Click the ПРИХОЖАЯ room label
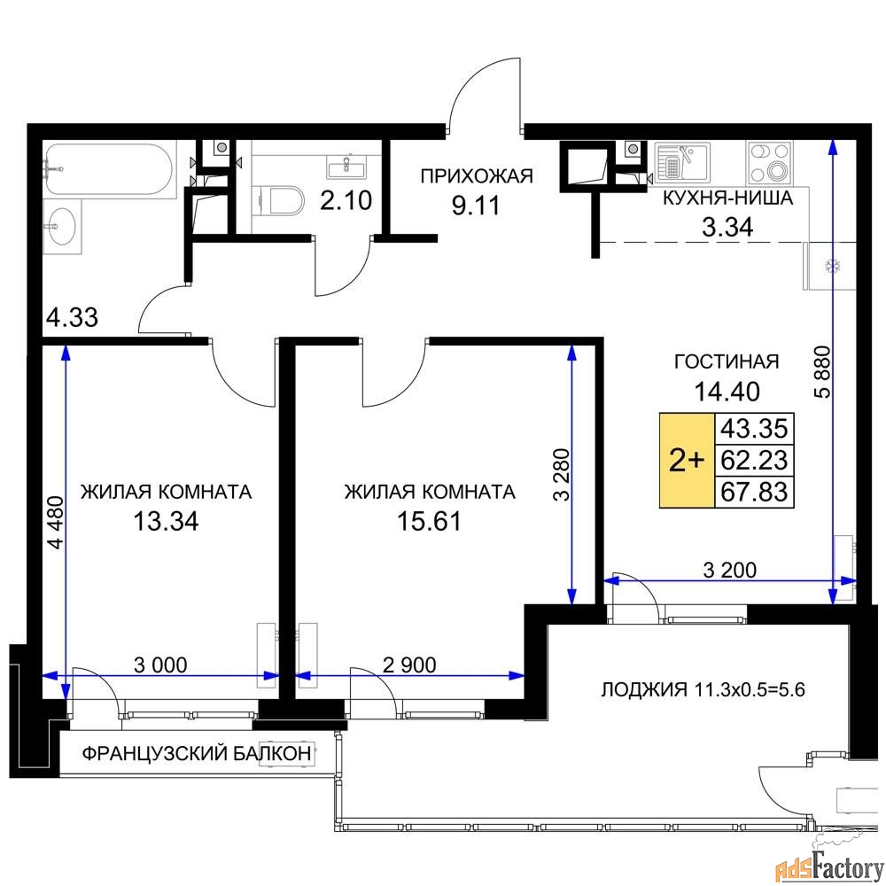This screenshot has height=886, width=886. [477, 176]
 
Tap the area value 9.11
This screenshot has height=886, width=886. [476, 206]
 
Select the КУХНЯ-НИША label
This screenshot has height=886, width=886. [727, 198]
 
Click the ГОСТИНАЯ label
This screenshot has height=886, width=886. [727, 361]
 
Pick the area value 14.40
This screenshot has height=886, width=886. [727, 391]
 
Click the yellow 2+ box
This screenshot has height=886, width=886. [688, 461]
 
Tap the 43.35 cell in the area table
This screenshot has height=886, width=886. [754, 428]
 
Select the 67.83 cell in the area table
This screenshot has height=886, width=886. [754, 492]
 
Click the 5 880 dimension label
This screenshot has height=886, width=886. [823, 372]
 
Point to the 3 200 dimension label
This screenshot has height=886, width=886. [729, 570]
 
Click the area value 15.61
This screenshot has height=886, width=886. [430, 521]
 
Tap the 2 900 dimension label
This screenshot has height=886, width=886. [409, 665]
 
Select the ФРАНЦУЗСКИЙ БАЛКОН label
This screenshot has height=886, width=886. [197, 753]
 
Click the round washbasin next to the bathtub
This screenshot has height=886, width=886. [60, 226]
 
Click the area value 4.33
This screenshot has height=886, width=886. [72, 317]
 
